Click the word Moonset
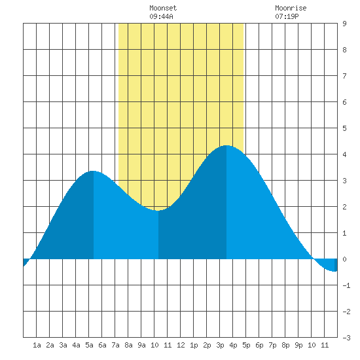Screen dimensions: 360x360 click(x=163, y=8)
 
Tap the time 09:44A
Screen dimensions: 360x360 click(x=161, y=16)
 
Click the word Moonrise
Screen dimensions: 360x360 click(x=291, y=8)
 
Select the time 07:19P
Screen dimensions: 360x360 click(x=287, y=16)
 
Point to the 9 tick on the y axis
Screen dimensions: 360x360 click(x=344, y=24)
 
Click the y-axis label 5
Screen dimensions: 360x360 click(x=344, y=128)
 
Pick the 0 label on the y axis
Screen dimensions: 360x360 click(x=344, y=259)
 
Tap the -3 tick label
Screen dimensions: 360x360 click(x=346, y=338)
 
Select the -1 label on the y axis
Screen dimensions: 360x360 click(x=346, y=285)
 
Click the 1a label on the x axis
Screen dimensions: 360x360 click(x=37, y=345)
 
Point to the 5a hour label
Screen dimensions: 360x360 click(x=89, y=345)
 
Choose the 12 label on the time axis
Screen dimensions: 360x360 click(x=181, y=345)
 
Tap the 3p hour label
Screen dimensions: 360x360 click(x=220, y=345)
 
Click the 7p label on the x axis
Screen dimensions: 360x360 click(x=272, y=345)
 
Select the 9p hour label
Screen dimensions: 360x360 click(x=298, y=345)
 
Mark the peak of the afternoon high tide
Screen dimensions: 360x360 click(x=226, y=145)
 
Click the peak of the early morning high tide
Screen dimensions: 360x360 click(x=93, y=171)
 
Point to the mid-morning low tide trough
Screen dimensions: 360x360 click(x=158, y=211)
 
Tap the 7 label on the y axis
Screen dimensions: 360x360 click(x=344, y=76)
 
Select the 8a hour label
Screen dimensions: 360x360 click(x=128, y=345)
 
